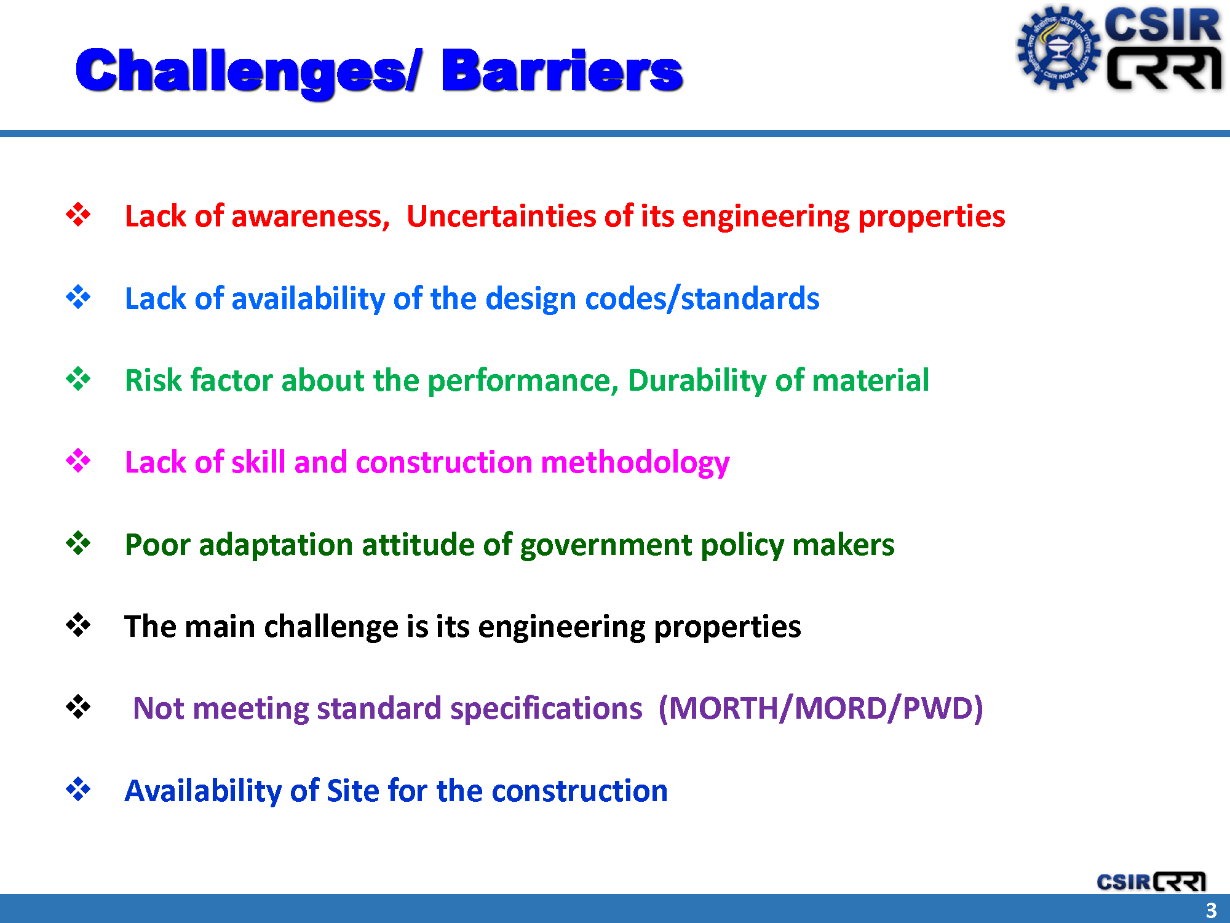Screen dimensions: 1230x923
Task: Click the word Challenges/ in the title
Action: click(248, 73)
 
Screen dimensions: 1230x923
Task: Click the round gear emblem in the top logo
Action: click(1058, 48)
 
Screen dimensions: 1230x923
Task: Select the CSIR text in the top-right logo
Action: click(1162, 25)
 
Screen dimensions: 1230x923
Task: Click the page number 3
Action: click(1211, 910)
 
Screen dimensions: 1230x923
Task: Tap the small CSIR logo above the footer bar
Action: click(1151, 882)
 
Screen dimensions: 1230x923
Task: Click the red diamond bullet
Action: click(78, 215)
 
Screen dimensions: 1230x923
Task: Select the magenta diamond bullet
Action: click(78, 461)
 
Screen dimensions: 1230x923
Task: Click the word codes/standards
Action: click(702, 299)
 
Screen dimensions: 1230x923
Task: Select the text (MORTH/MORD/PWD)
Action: click(820, 708)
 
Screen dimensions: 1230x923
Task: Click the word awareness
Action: click(311, 217)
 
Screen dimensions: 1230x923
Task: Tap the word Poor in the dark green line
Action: click(157, 545)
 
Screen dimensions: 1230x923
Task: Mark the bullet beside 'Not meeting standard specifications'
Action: click(78, 707)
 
